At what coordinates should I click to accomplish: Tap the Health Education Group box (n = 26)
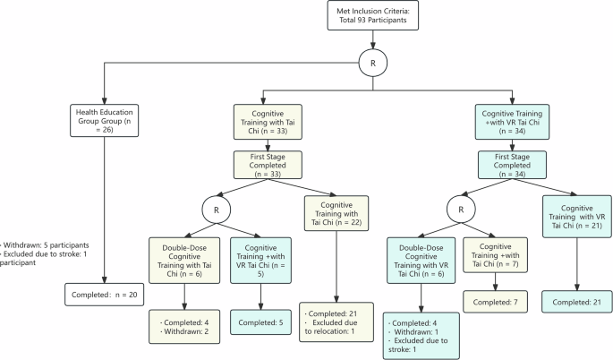pos(105,119)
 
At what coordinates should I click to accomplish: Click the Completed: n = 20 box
pos(105,293)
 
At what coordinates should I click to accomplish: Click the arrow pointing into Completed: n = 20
pos(105,277)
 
